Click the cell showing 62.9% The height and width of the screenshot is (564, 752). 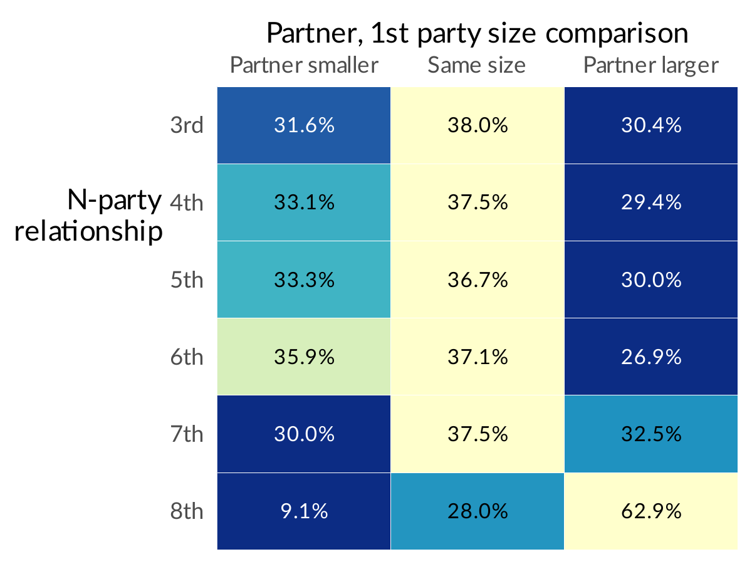coord(651,511)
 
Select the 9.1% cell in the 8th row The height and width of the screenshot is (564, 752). coord(304,511)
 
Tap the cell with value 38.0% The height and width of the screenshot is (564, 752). coord(478,125)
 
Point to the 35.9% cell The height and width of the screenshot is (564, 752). coord(304,357)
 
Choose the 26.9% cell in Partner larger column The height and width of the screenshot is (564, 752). coord(651,357)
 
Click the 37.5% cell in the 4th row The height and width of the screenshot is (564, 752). coord(478,202)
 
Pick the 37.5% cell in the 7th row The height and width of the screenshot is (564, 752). coord(478,434)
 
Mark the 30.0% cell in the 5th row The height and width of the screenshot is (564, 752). coord(651,279)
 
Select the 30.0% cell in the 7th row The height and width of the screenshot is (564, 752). coord(304,434)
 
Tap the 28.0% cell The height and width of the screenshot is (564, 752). coord(478,511)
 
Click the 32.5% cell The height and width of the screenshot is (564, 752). coord(651,434)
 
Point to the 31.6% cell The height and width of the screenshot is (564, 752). coord(304,125)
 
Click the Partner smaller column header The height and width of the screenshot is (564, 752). coord(304,65)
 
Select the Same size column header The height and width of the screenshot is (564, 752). coord(477,65)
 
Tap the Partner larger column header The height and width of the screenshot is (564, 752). coord(651,65)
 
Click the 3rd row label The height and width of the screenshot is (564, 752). coord(187,125)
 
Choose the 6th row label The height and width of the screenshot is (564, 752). coord(187,357)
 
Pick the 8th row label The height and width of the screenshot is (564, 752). coord(187,511)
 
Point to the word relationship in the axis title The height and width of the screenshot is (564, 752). coord(88,232)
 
